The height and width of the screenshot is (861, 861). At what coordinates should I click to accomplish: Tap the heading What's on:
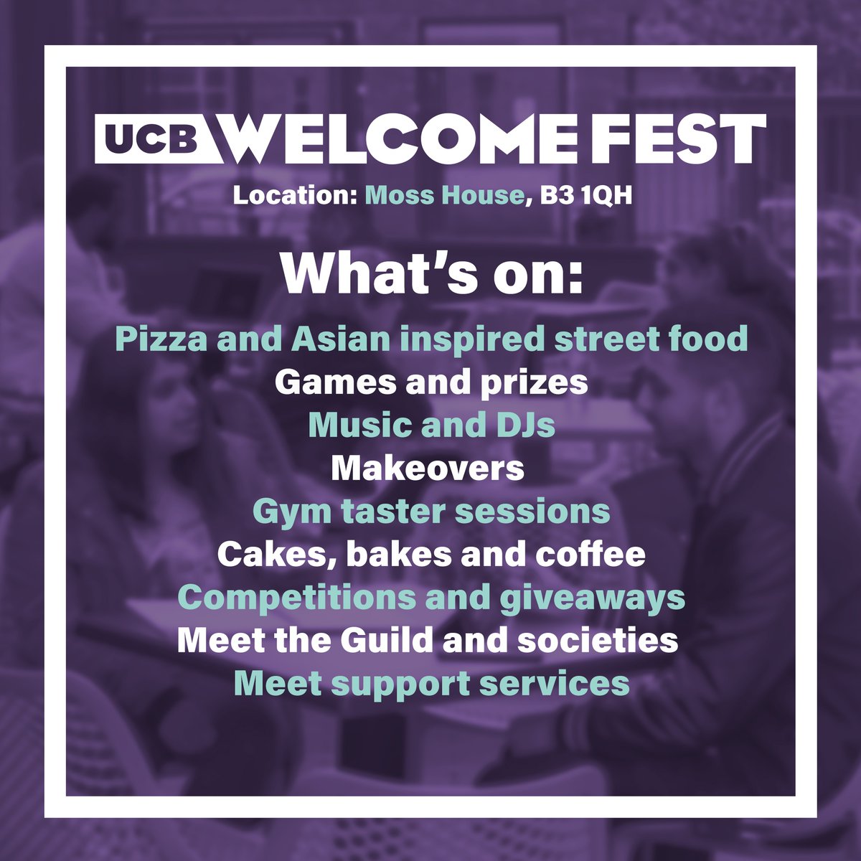click(430, 275)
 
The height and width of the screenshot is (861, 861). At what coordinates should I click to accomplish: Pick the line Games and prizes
click(430, 382)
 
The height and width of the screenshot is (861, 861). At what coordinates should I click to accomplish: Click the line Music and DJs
click(430, 425)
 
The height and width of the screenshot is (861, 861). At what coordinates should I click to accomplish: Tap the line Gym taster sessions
click(430, 512)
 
